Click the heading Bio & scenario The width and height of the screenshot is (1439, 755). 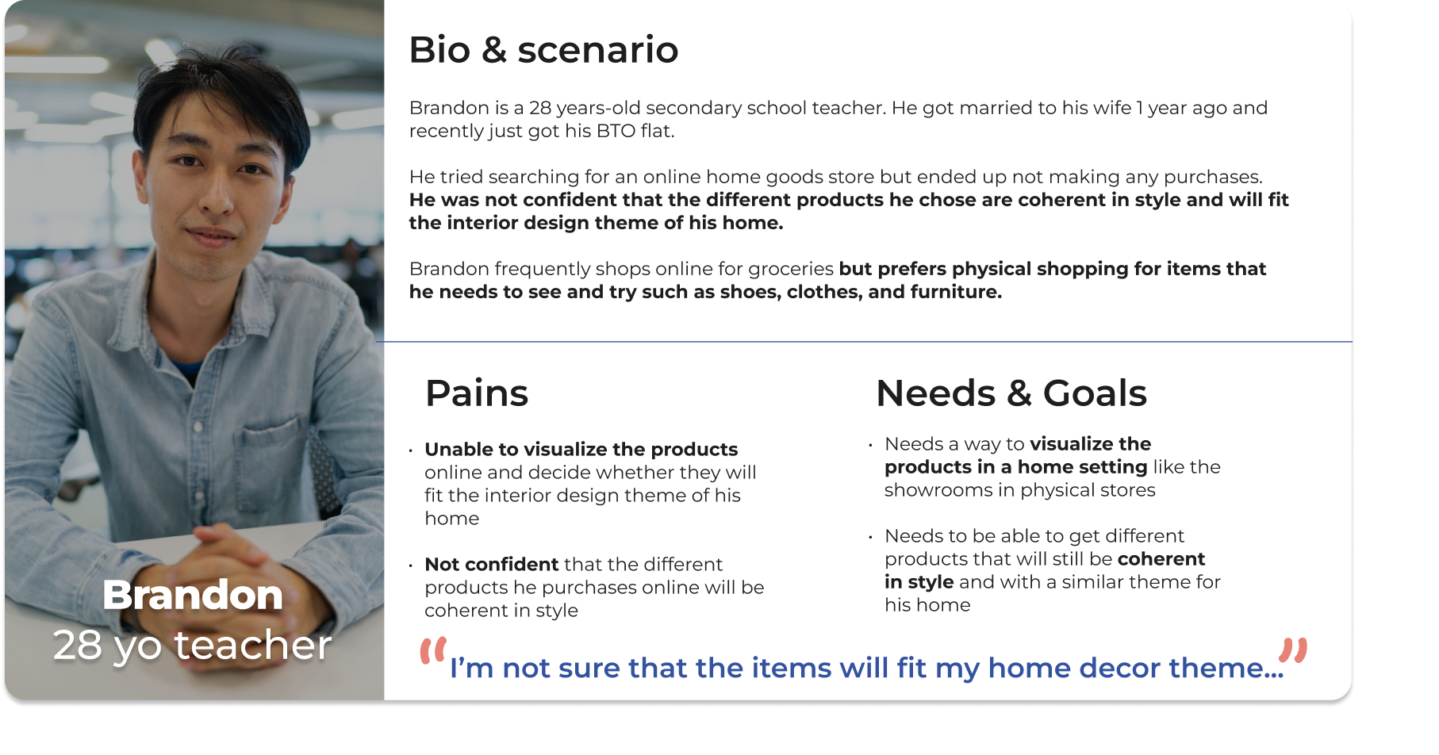click(x=543, y=49)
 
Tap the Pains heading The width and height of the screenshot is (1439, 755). click(x=477, y=393)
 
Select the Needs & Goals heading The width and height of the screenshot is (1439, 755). click(x=1011, y=393)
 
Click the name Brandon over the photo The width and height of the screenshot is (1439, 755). click(x=193, y=595)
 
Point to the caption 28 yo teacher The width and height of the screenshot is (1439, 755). click(x=193, y=645)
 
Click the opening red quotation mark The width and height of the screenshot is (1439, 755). click(x=433, y=650)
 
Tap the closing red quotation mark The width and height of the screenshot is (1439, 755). click(x=1293, y=650)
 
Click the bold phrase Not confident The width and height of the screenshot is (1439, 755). click(x=492, y=564)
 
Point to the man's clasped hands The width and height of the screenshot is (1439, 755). click(x=230, y=563)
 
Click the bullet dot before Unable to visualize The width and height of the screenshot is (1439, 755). click(x=411, y=451)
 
